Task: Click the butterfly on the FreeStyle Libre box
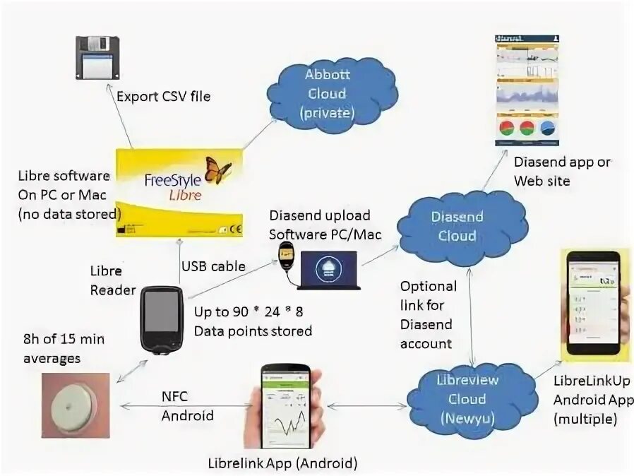tap(217, 170)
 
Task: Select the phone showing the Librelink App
tap(287, 410)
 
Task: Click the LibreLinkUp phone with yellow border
tap(594, 305)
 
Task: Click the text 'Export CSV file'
tap(163, 96)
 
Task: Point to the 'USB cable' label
tap(213, 266)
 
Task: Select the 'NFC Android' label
tap(186, 406)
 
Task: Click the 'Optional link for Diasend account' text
tap(429, 315)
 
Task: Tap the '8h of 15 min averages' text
tap(63, 349)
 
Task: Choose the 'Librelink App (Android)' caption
tap(282, 464)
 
